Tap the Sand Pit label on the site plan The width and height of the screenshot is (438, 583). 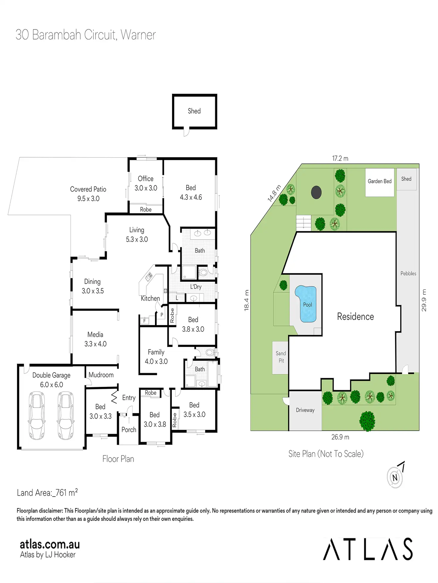coord(281,357)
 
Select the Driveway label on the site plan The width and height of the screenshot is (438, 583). coord(305,410)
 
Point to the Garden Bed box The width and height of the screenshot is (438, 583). coord(379,182)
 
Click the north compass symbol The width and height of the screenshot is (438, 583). coord(395,477)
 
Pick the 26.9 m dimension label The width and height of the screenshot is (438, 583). coord(340,437)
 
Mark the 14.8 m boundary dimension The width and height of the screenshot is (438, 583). coord(274,194)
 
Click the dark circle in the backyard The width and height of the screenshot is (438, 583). coord(316,192)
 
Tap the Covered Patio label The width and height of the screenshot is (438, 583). coord(88,194)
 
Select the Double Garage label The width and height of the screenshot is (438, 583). coord(51,380)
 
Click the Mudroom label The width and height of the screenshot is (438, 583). coord(101,375)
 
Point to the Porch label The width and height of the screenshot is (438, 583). coord(129,430)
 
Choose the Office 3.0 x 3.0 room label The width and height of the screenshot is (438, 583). coord(146,183)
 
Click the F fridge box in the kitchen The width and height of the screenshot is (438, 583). coord(145,321)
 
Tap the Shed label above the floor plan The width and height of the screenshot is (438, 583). coord(194,111)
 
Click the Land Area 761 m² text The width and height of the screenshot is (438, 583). coord(47,493)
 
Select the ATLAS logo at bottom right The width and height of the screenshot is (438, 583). coord(368,549)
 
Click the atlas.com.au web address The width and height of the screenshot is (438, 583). coord(50,544)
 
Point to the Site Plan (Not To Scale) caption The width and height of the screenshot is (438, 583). coord(326,454)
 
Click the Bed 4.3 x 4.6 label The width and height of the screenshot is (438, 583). coord(191,192)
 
